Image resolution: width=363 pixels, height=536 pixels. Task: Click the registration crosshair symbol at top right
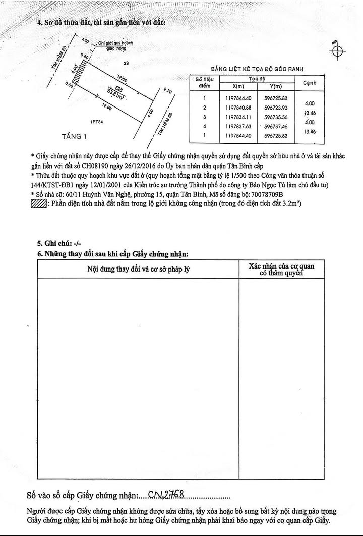[337, 52]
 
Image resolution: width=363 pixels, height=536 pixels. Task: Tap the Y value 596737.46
[275, 126]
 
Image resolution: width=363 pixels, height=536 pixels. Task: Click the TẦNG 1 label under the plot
[75, 136]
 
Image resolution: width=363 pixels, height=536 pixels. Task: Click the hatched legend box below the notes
[39, 203]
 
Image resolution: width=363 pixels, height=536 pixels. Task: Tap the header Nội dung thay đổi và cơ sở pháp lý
[139, 270]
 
